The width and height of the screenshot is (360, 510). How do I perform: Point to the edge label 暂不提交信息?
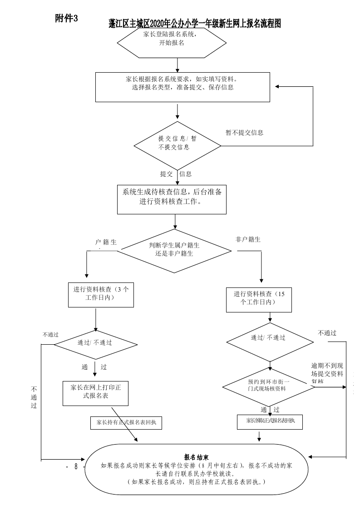point(244,133)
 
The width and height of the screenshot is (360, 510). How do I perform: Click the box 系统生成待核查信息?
point(172,198)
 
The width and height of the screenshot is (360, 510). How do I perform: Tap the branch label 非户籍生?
point(248,239)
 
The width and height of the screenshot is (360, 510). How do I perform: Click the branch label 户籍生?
point(106,243)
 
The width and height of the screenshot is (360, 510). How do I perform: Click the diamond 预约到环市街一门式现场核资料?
point(270,386)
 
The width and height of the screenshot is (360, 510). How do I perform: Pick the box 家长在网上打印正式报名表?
point(95,392)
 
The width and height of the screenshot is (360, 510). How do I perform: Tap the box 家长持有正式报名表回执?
point(126,422)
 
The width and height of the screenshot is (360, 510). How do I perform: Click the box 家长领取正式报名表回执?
point(270,421)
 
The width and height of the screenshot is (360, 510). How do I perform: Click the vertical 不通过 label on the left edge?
point(34,397)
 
